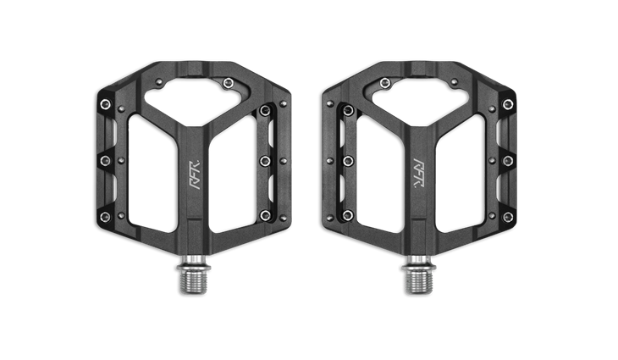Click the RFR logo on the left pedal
196,174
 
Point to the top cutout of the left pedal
191,102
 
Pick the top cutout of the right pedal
420,102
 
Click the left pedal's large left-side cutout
152,174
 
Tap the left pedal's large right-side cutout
233,174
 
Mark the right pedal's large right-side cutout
461,174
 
